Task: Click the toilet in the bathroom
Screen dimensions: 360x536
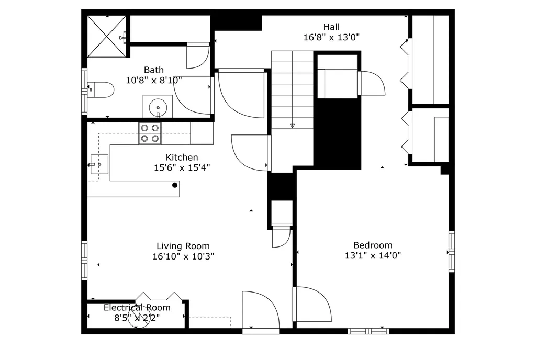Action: (102, 90)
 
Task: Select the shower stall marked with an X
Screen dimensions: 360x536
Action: (107, 36)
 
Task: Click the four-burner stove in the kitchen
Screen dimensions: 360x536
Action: (150, 133)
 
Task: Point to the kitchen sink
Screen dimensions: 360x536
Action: (98, 164)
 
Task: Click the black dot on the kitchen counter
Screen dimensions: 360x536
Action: (175, 185)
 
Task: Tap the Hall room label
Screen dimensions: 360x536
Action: (331, 27)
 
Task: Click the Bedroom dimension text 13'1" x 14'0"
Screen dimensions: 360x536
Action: (373, 256)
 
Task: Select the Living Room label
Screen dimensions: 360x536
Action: (183, 246)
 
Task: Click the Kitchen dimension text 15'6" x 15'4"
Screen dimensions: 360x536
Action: (182, 168)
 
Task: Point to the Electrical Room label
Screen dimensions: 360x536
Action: (137, 308)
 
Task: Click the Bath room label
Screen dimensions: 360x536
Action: (153, 70)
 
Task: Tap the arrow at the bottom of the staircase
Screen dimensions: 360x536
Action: (292, 126)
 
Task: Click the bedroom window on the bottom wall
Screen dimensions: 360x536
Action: (369, 331)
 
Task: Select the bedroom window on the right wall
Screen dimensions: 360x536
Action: (451, 252)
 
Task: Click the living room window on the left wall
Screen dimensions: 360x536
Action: (84, 260)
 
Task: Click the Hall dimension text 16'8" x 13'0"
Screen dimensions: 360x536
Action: (331, 37)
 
